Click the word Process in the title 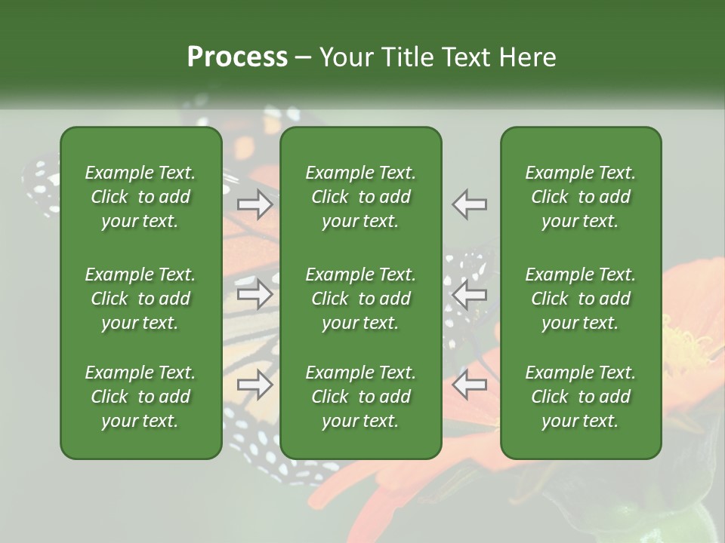coord(237,57)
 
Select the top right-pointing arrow coord(255,204)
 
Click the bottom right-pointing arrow coord(255,385)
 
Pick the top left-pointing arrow coord(470,204)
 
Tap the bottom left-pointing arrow coord(470,385)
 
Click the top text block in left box coord(140,197)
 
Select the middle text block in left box coord(140,299)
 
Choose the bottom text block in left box coord(140,397)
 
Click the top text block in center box coord(361,197)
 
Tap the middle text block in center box coord(361,299)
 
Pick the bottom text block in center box coord(361,397)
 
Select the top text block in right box coord(581,197)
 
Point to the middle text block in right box coord(581,299)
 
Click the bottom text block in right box coord(581,397)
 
